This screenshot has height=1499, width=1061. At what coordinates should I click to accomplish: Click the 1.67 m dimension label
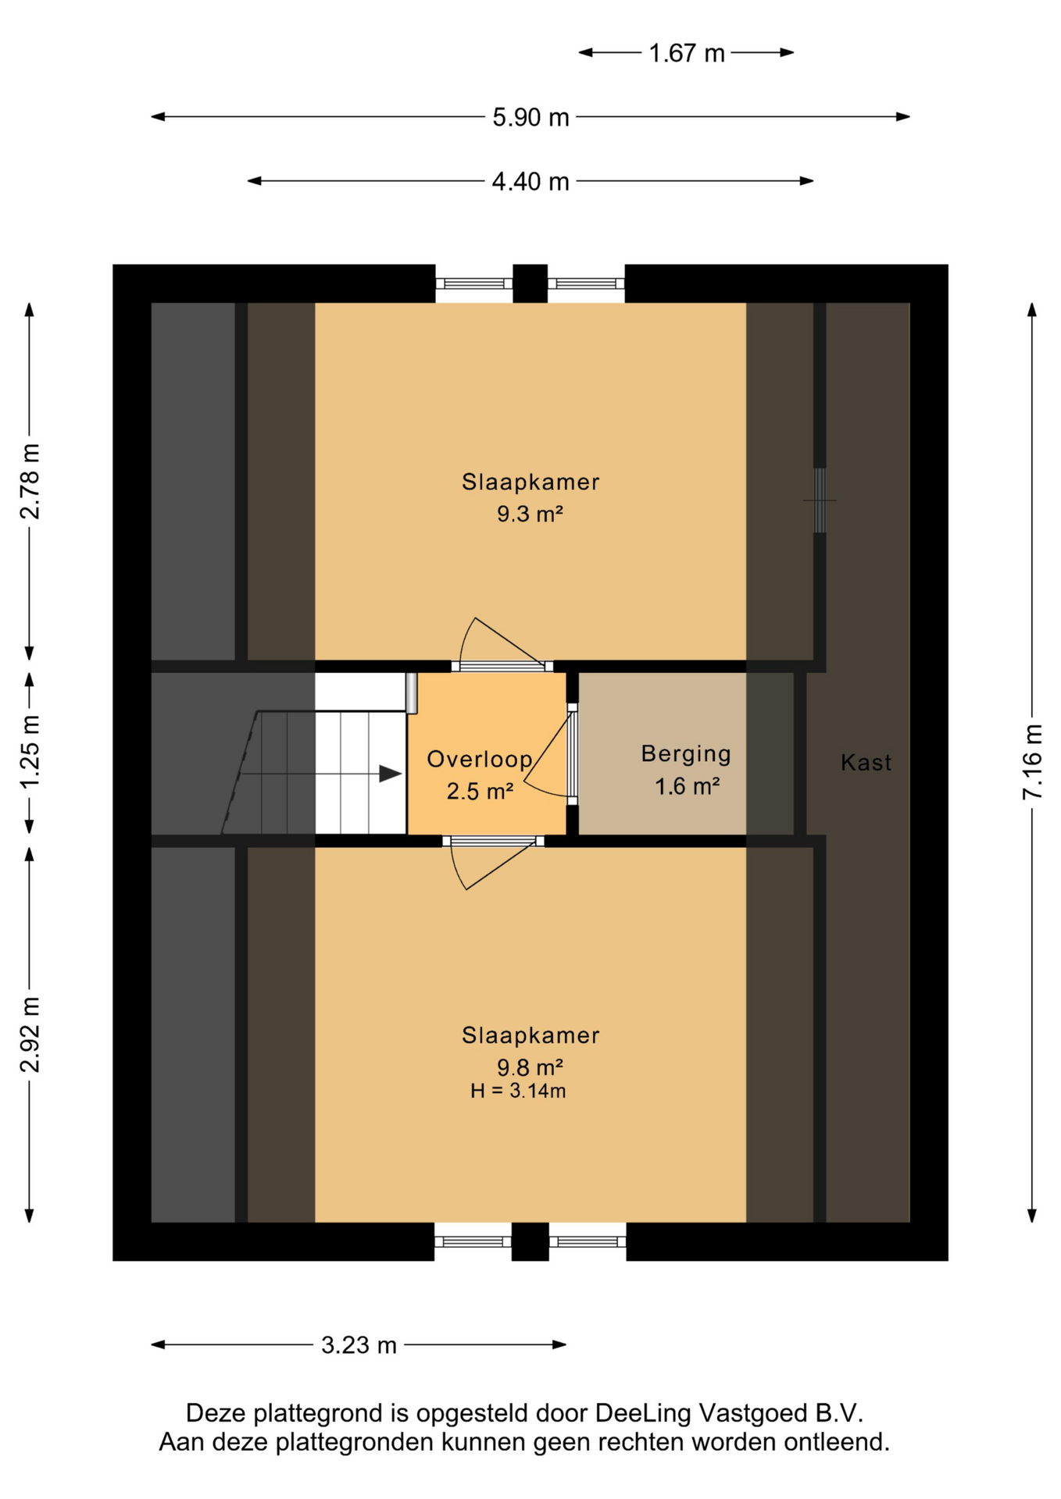point(687,53)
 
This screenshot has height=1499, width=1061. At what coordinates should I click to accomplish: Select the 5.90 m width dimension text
point(530,117)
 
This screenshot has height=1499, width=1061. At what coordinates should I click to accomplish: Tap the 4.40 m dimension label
point(530,181)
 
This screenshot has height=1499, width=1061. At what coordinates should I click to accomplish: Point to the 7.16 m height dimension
point(1032,761)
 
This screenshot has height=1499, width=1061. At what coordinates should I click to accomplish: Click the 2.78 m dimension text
point(30,482)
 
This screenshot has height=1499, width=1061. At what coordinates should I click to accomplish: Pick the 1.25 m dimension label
point(30,751)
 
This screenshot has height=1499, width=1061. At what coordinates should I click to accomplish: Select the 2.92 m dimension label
point(30,1034)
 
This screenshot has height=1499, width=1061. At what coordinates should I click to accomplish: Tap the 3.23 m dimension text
point(359,1344)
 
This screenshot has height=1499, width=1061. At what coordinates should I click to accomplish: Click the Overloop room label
point(480,759)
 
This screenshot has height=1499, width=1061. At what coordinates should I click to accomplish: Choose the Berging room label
point(686,753)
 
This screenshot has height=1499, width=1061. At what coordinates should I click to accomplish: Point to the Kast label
point(866,762)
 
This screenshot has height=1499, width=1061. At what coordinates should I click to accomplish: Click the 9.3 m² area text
point(530,514)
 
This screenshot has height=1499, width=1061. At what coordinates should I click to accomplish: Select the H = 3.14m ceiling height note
point(518,1091)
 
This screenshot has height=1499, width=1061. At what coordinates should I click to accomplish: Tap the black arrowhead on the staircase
point(391,774)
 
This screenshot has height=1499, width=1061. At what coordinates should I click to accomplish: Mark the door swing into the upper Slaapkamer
point(502,643)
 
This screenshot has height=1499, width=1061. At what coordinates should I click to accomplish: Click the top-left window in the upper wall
point(473,284)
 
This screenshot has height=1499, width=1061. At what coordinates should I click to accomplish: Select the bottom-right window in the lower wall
point(588,1241)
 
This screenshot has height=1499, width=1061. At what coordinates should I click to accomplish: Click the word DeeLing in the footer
point(643,1413)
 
